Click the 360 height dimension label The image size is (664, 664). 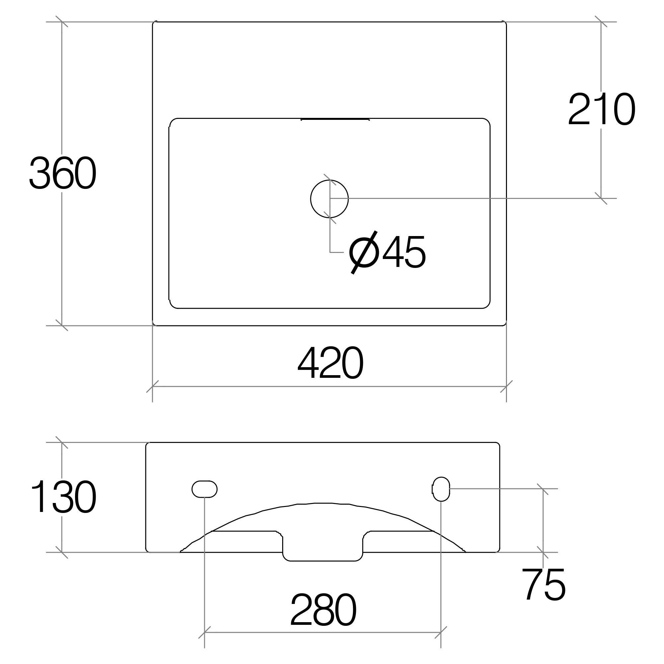(62, 173)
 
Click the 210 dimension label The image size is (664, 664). (601, 109)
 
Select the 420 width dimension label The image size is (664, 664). (330, 363)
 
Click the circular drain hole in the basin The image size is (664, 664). (329, 199)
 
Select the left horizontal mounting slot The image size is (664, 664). (205, 489)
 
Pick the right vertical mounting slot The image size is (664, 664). (441, 489)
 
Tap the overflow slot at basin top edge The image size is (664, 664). (335, 119)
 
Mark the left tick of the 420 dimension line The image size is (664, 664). (152, 387)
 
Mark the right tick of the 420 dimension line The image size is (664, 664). (507, 387)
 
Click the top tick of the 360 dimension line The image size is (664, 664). (62, 22)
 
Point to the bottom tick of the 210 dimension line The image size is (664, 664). (601, 198)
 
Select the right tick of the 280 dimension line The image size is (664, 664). (441, 632)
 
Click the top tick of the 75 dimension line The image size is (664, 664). (543, 489)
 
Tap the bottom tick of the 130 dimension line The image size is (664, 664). (62, 552)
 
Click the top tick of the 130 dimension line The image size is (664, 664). (62, 442)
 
